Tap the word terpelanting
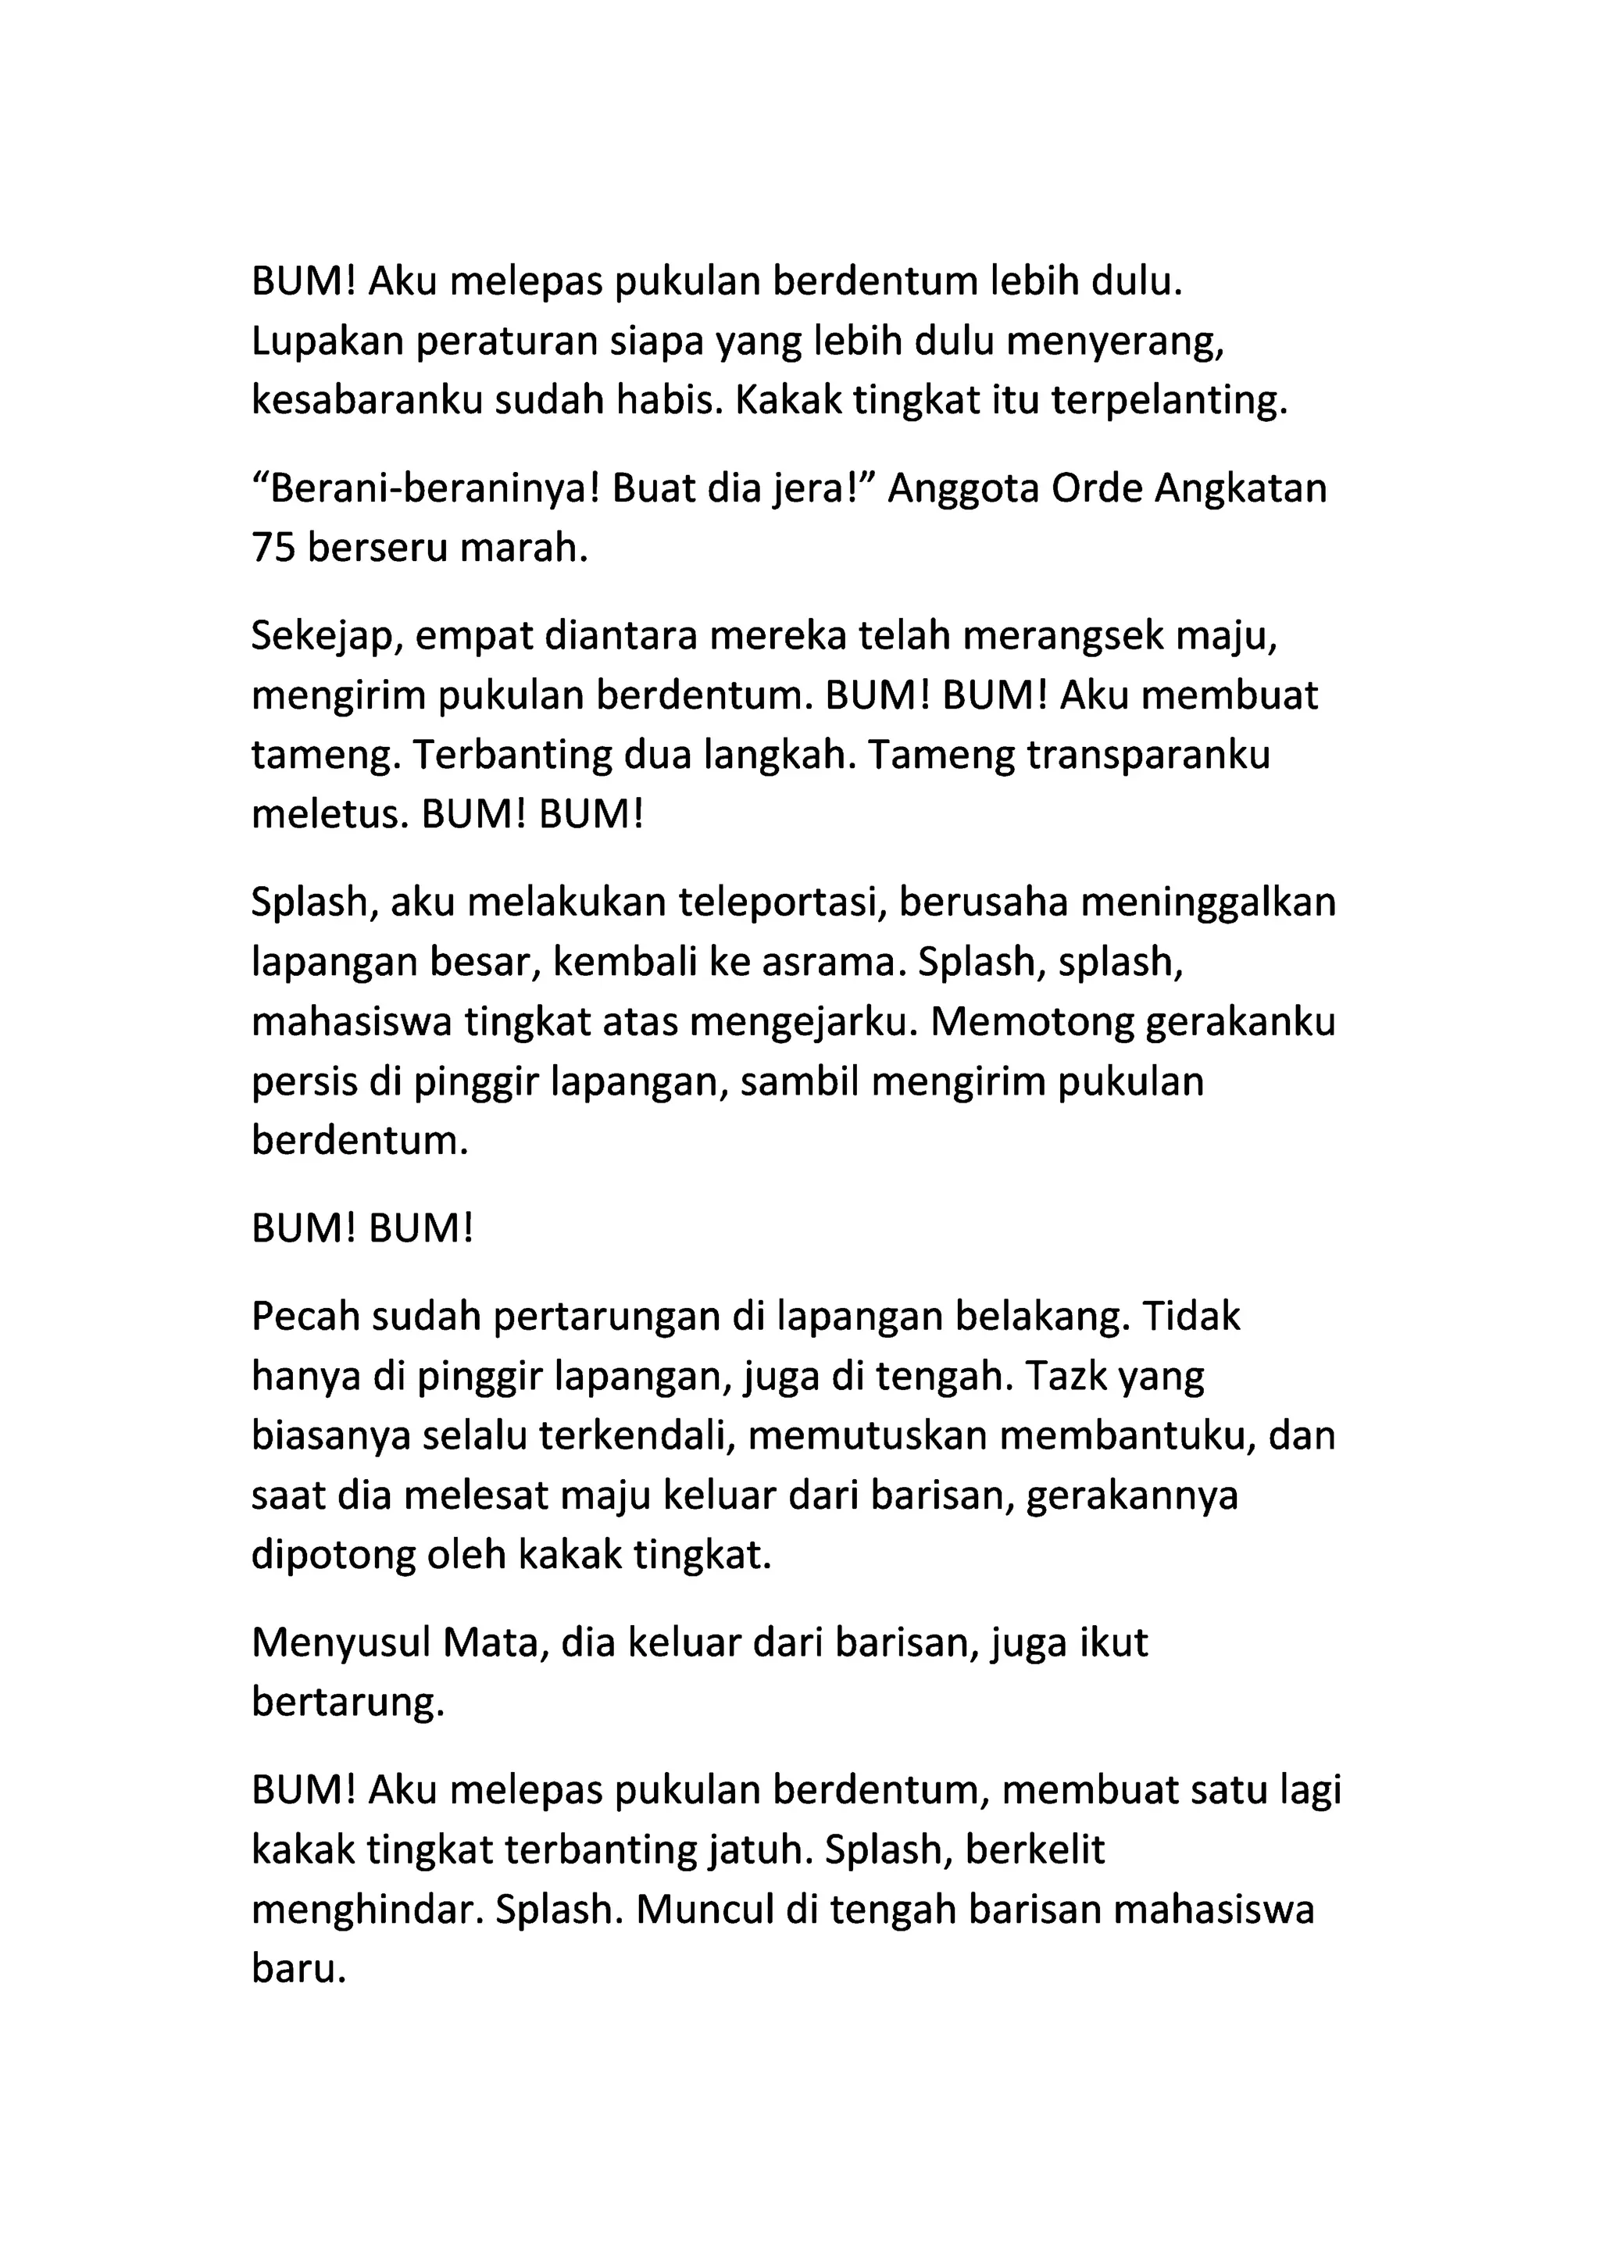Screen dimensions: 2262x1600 point(1170,401)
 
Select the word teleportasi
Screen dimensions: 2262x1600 point(748,903)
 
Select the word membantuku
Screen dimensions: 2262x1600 point(1125,1435)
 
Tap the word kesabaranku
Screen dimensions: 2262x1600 point(366,401)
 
